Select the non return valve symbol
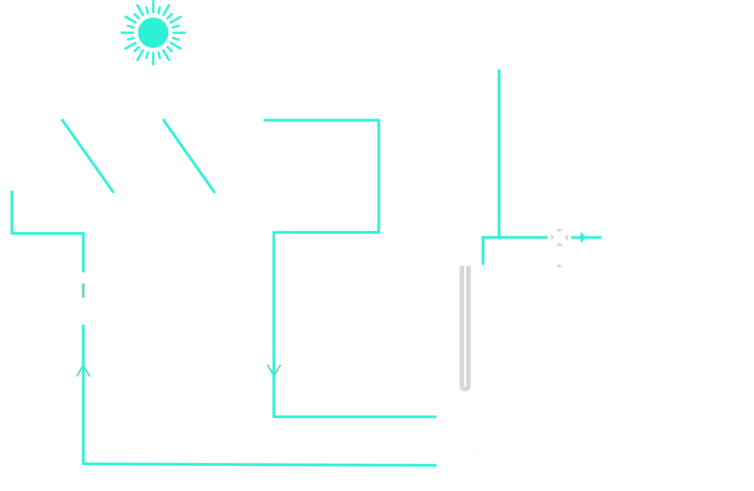coord(82,278)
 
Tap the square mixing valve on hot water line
coord(560,236)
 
